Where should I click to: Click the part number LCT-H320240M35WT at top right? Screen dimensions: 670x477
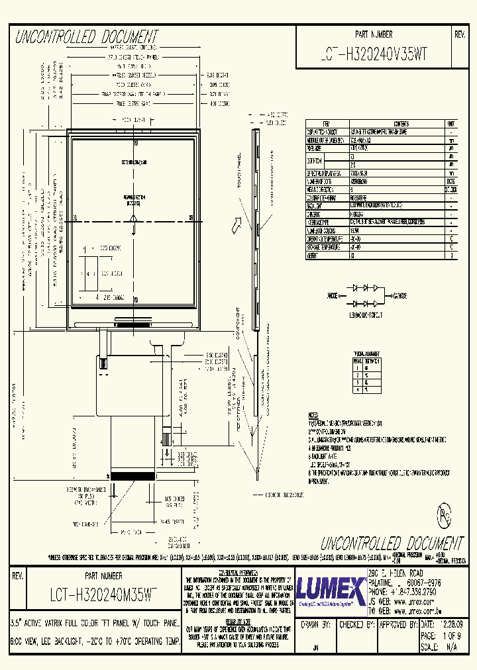coord(373,56)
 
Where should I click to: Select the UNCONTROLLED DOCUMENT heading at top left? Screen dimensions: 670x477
coord(87,36)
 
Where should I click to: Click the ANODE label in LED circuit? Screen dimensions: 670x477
coord(337,296)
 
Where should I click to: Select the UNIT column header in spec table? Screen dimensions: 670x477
coord(451,124)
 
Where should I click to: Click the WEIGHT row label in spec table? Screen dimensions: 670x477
coord(312,255)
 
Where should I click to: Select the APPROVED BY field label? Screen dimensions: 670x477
coord(398,624)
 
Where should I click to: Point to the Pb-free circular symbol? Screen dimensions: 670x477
coord(444,516)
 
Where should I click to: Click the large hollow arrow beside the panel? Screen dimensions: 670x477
coord(235,227)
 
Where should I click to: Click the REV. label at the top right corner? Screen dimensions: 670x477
coord(460,34)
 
